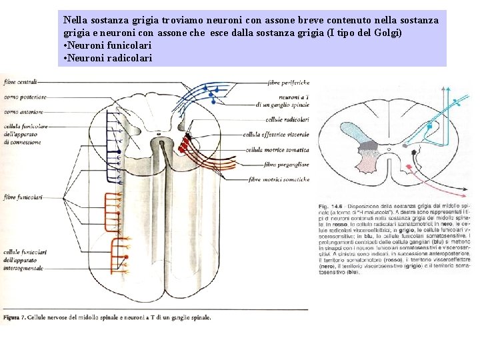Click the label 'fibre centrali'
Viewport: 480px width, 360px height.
click(x=19, y=83)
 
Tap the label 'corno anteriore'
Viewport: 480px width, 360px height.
click(x=23, y=112)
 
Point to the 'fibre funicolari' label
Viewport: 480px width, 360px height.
click(x=23, y=197)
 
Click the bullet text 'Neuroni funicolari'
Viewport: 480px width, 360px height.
click(x=107, y=45)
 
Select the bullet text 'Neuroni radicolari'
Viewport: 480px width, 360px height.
click(x=107, y=58)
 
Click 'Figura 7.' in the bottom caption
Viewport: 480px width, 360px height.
click(x=15, y=317)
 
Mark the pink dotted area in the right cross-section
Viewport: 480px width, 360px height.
click(x=367, y=163)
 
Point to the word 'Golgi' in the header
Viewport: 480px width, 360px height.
click(x=386, y=33)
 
